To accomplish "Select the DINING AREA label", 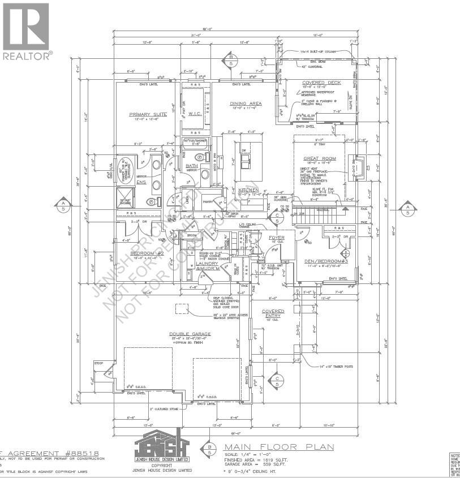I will [246, 104].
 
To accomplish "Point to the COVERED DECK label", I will [321, 83].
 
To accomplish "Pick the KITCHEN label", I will [248, 190].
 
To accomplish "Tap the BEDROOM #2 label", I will [147, 253].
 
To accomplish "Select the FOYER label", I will [277, 238].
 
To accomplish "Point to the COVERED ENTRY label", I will [273, 313].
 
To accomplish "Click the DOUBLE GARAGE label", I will [190, 334].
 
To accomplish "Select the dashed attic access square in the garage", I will [182, 309].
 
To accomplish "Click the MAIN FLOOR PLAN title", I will [277, 447].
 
